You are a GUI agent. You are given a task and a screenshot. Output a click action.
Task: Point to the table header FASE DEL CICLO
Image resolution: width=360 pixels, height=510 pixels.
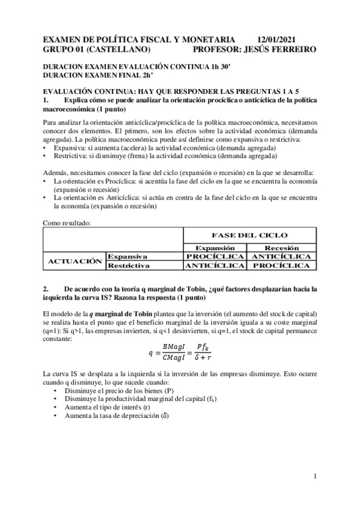(250, 235)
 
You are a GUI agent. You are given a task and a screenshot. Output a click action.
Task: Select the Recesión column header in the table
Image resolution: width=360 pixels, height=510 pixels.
(278, 248)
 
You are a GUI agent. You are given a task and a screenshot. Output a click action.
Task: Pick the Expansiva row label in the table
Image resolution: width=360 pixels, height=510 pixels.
(127, 256)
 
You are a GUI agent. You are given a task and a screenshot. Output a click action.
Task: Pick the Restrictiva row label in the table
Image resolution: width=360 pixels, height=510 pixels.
(129, 265)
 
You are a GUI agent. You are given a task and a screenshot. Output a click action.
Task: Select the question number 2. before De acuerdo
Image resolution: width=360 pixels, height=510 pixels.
(47, 289)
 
